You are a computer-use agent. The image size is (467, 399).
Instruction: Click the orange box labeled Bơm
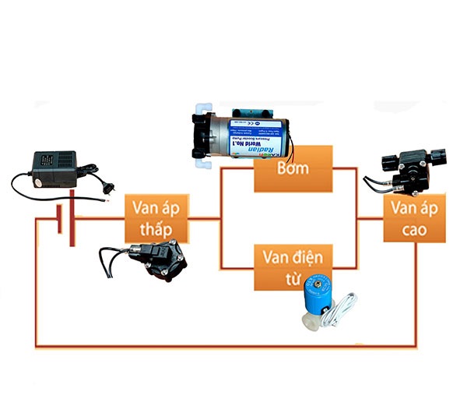tap(293, 168)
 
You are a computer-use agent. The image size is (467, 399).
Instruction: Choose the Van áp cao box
tap(415, 217)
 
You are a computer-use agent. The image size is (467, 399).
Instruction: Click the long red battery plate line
tap(72, 217)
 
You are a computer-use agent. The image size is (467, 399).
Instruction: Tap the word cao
tap(415, 229)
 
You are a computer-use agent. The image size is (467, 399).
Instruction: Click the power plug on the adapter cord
tap(104, 184)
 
